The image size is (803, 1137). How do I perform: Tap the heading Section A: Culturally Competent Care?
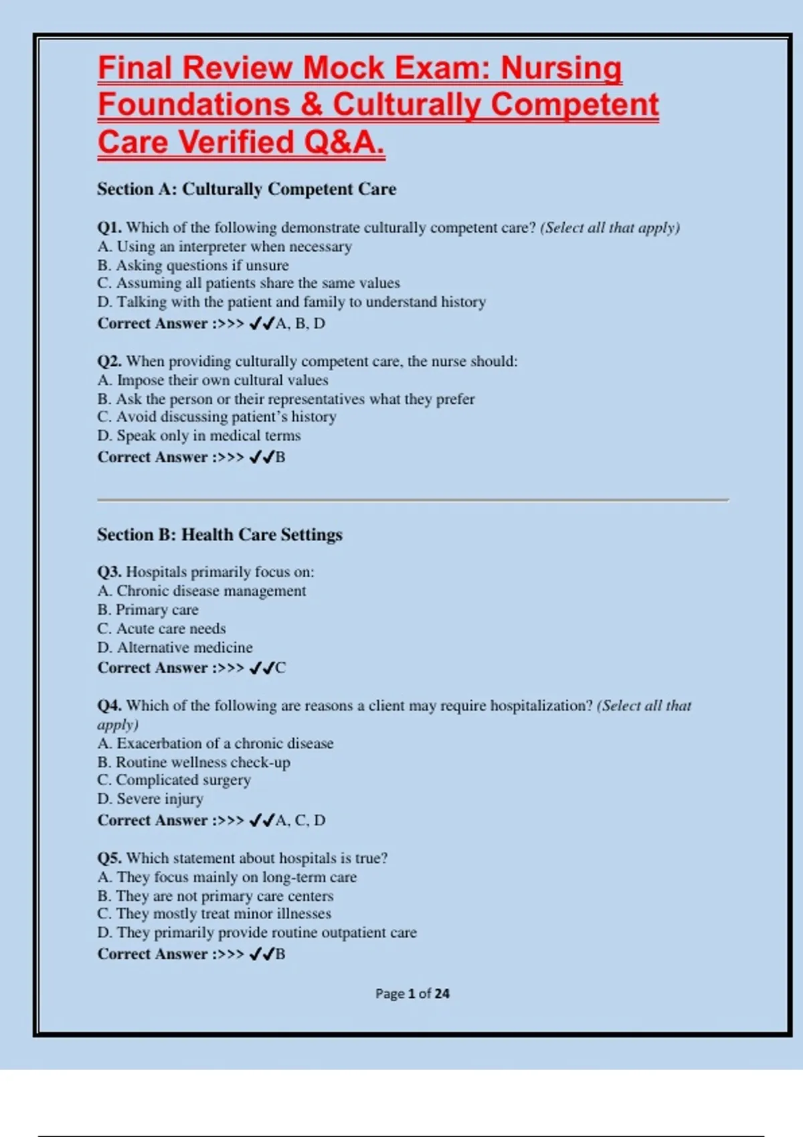[x=246, y=189]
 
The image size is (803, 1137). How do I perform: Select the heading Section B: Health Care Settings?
[x=219, y=535]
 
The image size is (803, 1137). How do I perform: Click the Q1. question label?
[x=109, y=228]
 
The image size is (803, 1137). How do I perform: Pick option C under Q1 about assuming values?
[x=248, y=284]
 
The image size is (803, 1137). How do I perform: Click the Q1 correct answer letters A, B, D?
[x=300, y=324]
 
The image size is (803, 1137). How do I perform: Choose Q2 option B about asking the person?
[x=286, y=399]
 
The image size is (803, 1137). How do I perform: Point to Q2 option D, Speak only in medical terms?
[x=199, y=436]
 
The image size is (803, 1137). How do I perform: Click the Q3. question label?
[x=109, y=573]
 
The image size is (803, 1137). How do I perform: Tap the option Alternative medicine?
[x=175, y=647]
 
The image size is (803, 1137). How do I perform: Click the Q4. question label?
[x=109, y=706]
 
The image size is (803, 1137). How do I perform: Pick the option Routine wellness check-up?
[x=193, y=762]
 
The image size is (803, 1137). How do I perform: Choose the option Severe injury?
[x=150, y=799]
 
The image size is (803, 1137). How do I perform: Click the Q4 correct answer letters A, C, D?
[x=300, y=821]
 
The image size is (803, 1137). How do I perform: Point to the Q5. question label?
[x=109, y=859]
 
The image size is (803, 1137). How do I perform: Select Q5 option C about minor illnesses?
[x=214, y=914]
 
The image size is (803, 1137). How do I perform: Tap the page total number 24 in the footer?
[x=442, y=994]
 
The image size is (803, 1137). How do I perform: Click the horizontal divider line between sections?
[x=412, y=500]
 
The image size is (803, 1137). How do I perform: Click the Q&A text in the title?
[x=344, y=142]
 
